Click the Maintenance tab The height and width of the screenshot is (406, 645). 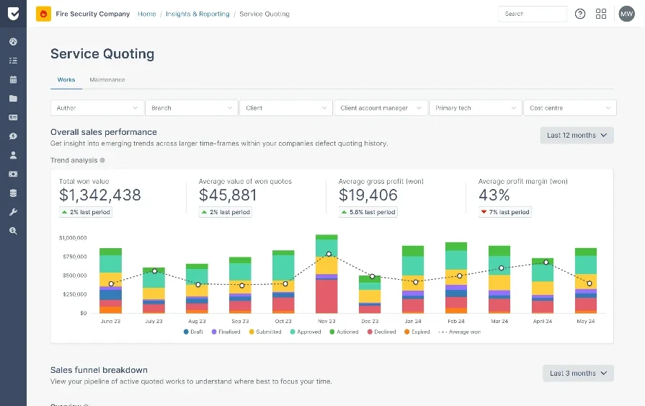(107, 80)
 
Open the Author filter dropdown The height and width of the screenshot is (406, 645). (97, 108)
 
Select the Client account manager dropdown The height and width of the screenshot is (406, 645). (380, 108)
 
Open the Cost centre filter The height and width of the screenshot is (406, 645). (569, 108)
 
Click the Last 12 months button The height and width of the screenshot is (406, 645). (577, 135)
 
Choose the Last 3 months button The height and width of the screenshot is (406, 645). (578, 373)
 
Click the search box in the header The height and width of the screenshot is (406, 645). (532, 14)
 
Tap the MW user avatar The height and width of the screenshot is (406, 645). (626, 14)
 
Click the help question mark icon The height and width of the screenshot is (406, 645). (580, 14)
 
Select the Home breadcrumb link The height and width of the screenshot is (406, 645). (147, 14)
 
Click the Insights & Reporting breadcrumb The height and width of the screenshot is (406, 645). (197, 14)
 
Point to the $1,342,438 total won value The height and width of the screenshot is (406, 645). (100, 195)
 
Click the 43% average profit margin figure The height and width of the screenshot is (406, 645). (494, 195)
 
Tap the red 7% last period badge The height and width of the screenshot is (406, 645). (505, 212)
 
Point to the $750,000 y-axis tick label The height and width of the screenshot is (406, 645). (72, 256)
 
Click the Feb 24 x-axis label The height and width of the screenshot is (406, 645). (456, 321)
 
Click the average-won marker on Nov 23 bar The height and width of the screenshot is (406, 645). (329, 254)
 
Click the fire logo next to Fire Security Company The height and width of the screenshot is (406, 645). (43, 14)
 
